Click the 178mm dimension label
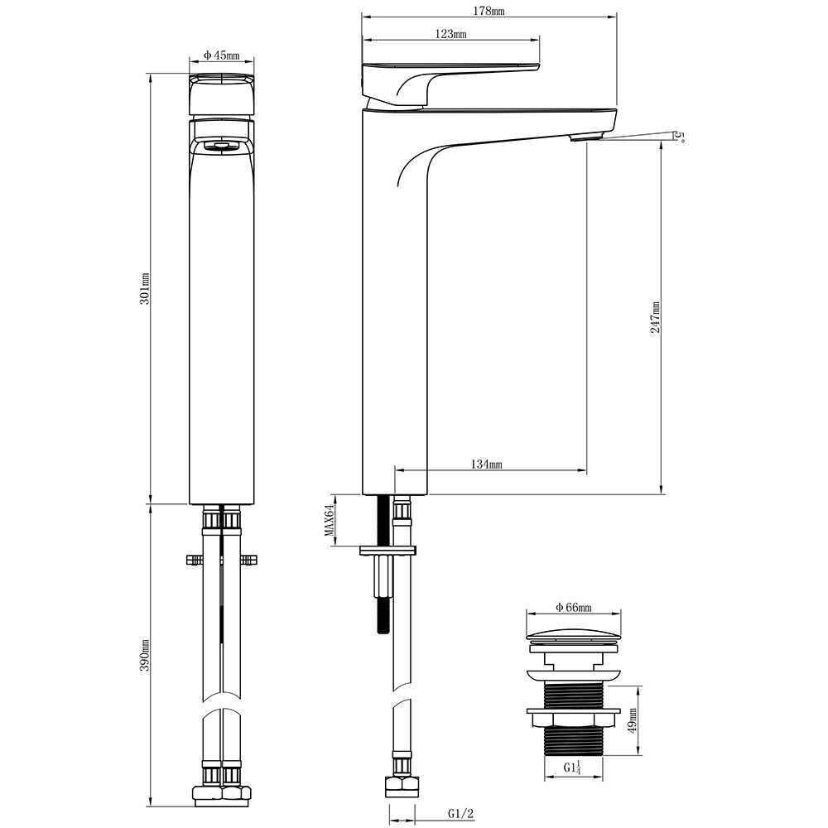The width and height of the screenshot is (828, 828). point(489,10)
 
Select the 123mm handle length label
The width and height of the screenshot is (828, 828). point(450,34)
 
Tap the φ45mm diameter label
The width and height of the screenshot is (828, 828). point(222,55)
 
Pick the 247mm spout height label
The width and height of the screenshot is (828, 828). point(655,317)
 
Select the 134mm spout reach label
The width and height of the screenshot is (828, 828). point(486,465)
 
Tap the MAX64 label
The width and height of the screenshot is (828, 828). point(330,521)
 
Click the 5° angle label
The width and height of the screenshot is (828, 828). point(680,137)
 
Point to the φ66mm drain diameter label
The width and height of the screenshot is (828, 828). point(574,608)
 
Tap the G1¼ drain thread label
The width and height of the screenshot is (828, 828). point(572,768)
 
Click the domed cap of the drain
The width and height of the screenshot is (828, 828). point(574,635)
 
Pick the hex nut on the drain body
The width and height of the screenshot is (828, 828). point(573,718)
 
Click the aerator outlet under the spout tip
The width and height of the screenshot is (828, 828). point(584,137)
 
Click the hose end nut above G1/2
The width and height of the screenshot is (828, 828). point(402,787)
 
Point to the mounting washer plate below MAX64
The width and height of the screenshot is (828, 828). point(388,551)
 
